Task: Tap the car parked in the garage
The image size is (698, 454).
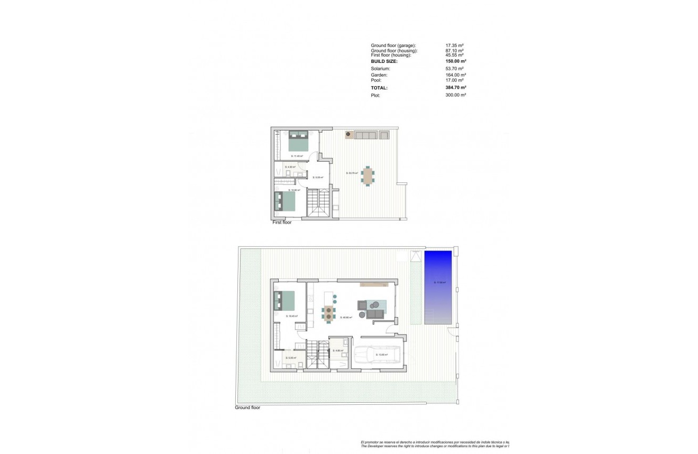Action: click(x=377, y=355)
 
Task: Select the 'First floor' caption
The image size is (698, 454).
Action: click(x=282, y=223)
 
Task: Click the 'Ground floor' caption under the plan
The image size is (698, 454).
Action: click(x=247, y=408)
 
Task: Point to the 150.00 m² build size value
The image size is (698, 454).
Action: click(x=456, y=61)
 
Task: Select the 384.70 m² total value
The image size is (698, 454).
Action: click(x=456, y=88)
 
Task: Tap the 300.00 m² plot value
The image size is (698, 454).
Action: click(x=456, y=96)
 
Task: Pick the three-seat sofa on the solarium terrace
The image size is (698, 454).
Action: click(x=365, y=136)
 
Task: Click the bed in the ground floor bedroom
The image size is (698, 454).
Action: click(x=286, y=301)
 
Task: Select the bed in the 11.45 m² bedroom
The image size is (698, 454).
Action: click(x=298, y=140)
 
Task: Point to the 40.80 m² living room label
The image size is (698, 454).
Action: click(x=347, y=318)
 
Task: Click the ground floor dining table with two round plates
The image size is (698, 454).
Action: click(x=329, y=313)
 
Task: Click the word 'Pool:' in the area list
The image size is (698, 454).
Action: click(x=376, y=80)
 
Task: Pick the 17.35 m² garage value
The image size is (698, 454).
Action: click(x=455, y=46)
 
